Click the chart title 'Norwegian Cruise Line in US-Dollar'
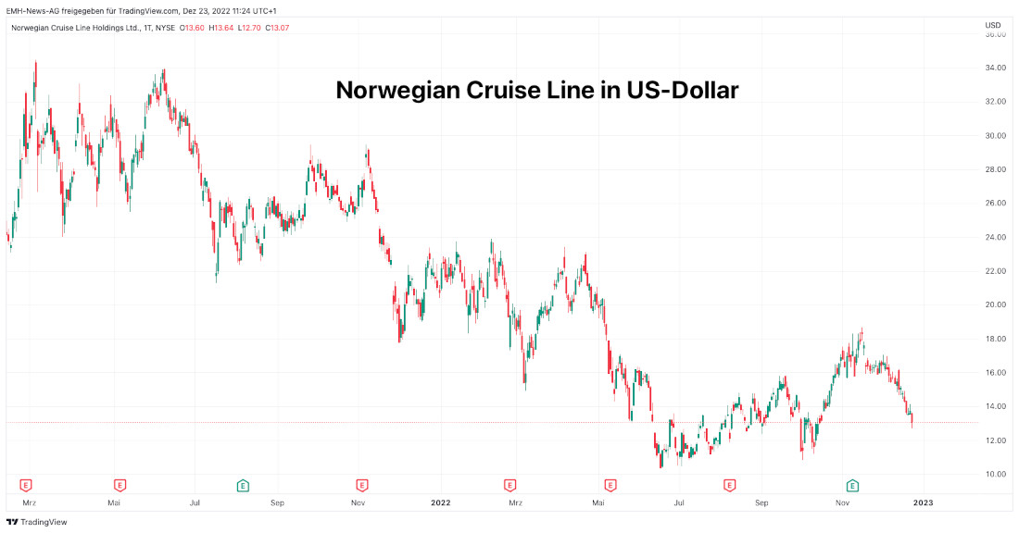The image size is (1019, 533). pos(536,91)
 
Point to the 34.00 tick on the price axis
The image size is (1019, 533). pos(996,68)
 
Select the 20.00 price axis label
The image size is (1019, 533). pos(996,304)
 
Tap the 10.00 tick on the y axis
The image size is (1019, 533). pos(996,474)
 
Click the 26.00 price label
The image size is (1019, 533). pos(996,203)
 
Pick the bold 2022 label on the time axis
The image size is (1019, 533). pos(440,502)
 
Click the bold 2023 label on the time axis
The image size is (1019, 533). pos(923,502)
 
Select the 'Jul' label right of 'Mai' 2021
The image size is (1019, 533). pos(195,502)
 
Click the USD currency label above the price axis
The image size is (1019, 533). pos(993,25)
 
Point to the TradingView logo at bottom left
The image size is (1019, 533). pos(37,522)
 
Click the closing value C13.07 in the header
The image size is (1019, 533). pos(278,27)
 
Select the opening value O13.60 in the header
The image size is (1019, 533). pos(192,27)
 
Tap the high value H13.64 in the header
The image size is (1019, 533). pos(220,27)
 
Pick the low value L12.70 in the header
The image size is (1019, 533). pos(249,27)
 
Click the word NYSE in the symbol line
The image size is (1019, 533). pos(163,27)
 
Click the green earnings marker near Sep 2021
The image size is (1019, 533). pos(242,484)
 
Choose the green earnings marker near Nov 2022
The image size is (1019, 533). pos(852,484)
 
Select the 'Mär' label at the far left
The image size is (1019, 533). pos(30,502)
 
